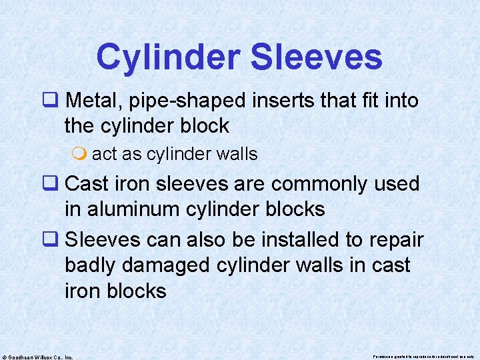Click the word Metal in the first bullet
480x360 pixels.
coord(94,101)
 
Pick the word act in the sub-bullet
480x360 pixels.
coord(104,154)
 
